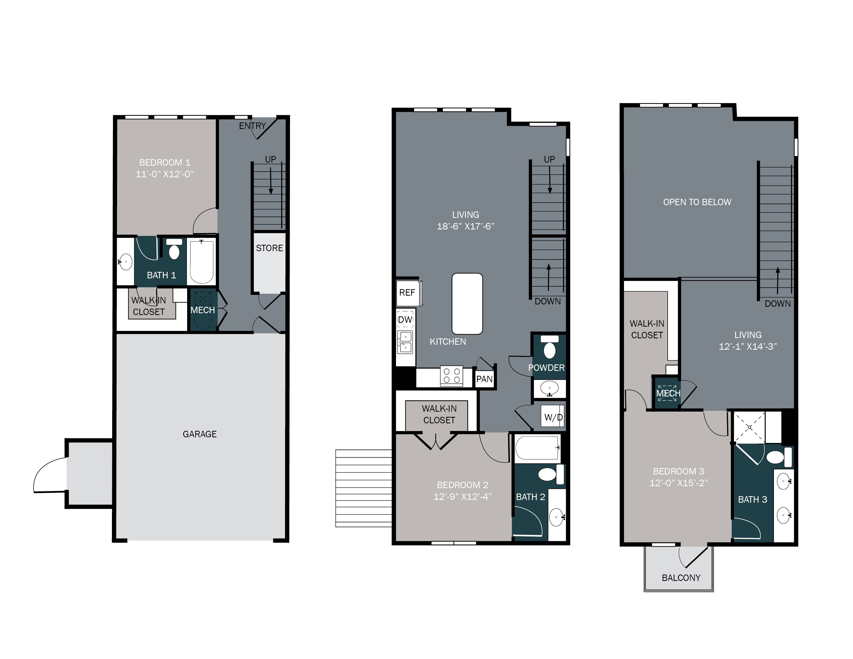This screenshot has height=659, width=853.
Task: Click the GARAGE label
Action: point(200,434)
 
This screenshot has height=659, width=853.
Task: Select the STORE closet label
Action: point(270,248)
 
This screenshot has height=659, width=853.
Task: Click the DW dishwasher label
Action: point(405,320)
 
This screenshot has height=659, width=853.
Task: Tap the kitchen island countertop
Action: point(467,304)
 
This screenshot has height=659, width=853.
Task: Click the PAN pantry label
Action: point(484,379)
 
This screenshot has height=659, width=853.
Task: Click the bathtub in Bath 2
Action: point(537,448)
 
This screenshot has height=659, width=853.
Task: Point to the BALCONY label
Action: point(681,578)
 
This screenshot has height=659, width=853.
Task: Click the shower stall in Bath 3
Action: point(750,427)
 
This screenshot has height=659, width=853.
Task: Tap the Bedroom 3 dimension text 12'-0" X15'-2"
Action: point(679,483)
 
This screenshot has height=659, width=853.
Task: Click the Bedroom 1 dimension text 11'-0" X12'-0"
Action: point(164,174)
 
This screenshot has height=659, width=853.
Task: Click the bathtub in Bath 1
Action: point(202,262)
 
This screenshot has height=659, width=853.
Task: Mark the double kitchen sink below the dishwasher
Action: point(405,342)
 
